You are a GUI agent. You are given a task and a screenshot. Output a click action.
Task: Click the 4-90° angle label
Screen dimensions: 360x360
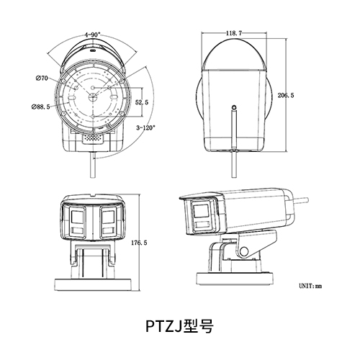(x=92, y=34)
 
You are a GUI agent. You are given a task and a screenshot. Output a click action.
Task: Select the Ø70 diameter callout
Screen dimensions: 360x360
(x=41, y=78)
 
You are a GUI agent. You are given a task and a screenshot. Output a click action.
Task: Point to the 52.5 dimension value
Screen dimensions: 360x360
(x=141, y=103)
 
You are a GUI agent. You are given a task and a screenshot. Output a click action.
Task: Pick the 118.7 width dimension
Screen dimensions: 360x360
(x=232, y=33)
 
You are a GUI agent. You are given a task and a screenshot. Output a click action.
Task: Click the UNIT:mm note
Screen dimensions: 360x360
(x=310, y=287)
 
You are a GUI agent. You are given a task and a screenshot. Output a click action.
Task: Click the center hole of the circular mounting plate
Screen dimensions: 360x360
(x=93, y=87)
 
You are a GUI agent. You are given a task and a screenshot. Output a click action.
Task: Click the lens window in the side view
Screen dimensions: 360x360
(x=201, y=214)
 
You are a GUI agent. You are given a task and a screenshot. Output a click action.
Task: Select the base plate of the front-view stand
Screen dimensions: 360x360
(x=94, y=279)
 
